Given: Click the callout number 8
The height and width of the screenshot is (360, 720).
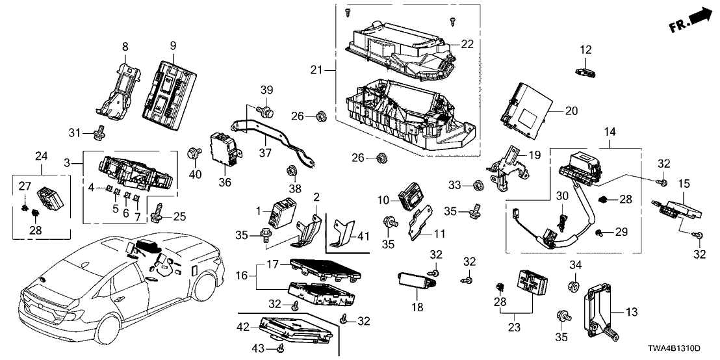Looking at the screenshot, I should click(125, 46).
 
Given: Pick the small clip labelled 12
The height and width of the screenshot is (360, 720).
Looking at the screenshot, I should click(585, 73).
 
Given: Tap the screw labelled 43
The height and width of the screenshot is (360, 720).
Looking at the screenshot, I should click(281, 349).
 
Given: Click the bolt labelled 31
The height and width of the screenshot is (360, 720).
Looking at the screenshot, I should click(99, 132).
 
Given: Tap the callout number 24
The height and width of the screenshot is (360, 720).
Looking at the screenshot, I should click(42, 156).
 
